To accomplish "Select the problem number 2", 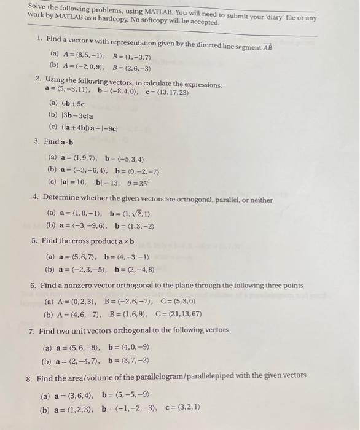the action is pyautogui.click(x=38, y=79).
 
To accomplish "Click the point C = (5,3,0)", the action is pyautogui.click(x=179, y=302).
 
